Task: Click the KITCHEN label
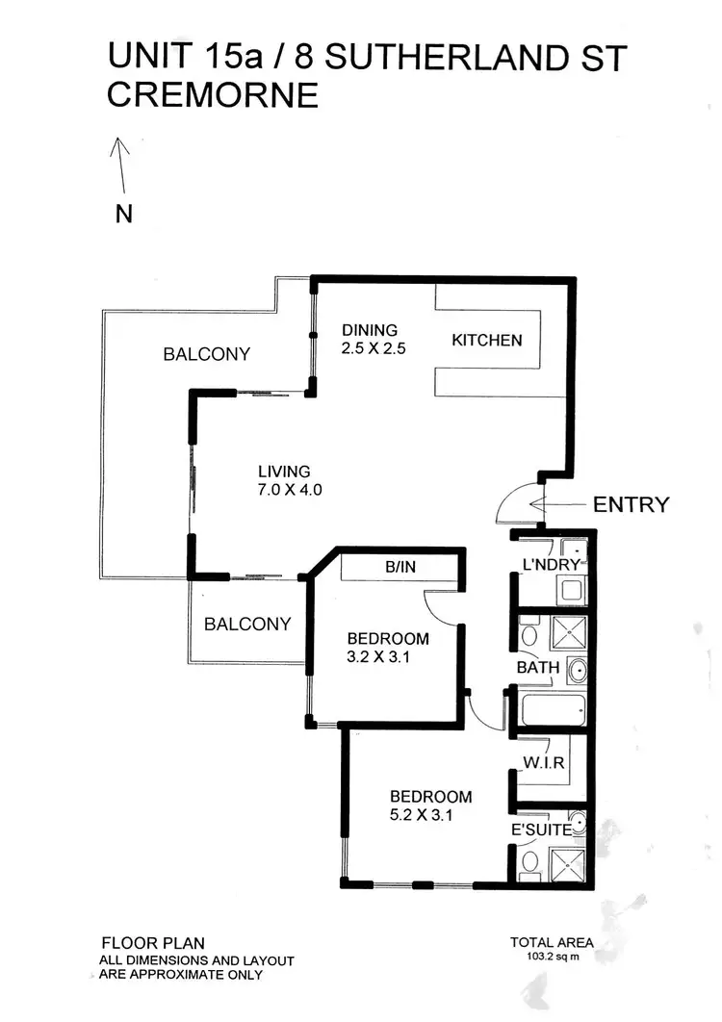coord(487,340)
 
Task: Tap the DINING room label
coord(369,330)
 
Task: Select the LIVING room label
coord(284,472)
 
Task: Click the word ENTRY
coord(631,504)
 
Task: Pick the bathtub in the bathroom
coord(551,710)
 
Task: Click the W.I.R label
coord(545,763)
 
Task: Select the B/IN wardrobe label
coord(400,568)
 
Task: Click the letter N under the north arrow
coord(123,214)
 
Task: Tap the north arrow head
coord(119,143)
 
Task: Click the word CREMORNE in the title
coord(213,96)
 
